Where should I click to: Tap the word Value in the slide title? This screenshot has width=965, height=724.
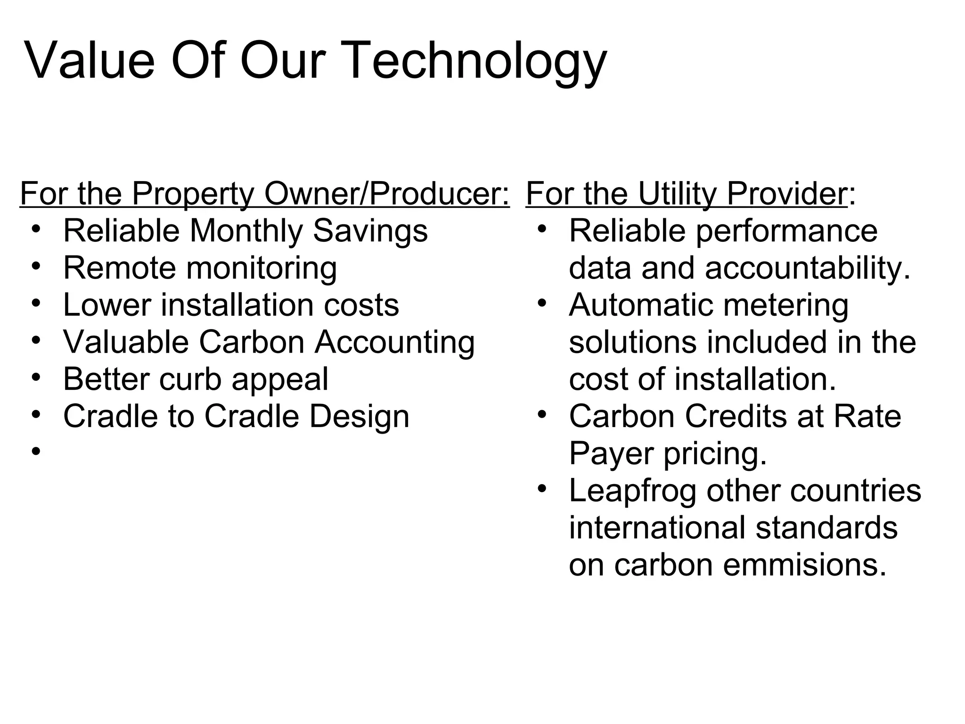pyautogui.click(x=90, y=61)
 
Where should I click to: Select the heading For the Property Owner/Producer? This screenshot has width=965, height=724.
pyautogui.click(x=264, y=194)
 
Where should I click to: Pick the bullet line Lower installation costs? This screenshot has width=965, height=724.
pyautogui.click(x=231, y=305)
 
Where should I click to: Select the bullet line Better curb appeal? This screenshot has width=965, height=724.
pyautogui.click(x=196, y=379)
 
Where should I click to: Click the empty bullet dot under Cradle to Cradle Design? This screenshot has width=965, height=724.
pyautogui.click(x=36, y=452)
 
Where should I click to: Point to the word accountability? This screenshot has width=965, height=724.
pyautogui.click(x=808, y=268)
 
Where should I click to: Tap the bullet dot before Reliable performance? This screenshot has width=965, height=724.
pyautogui.click(x=542, y=229)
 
